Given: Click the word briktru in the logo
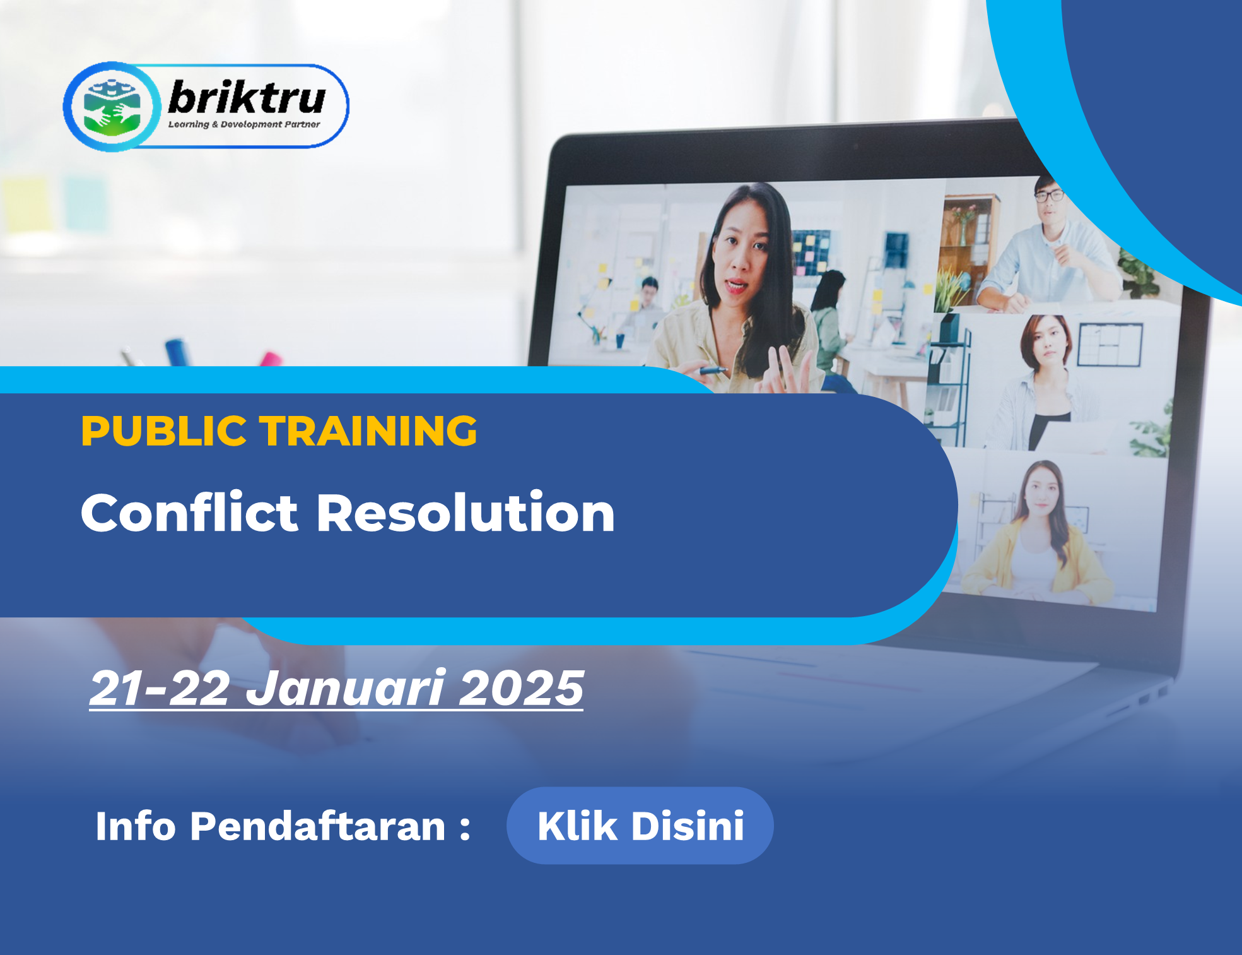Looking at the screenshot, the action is pyautogui.click(x=247, y=98).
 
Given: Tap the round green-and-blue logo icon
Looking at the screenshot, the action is pyautogui.click(x=112, y=107).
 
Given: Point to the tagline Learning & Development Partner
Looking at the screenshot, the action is pyautogui.click(x=244, y=124).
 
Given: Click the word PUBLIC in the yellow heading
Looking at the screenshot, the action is pyautogui.click(x=163, y=431).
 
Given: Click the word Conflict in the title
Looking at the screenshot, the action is pyautogui.click(x=189, y=513).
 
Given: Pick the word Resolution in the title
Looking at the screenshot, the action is pyautogui.click(x=466, y=513).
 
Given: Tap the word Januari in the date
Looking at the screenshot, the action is pyautogui.click(x=346, y=688).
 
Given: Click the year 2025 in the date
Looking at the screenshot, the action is pyautogui.click(x=521, y=688).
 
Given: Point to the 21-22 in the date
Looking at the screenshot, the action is pyautogui.click(x=160, y=688).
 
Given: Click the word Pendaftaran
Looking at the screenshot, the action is pyautogui.click(x=318, y=826).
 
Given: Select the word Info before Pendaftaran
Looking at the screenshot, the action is pyautogui.click(x=136, y=826).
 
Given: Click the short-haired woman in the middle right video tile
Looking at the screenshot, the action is pyautogui.click(x=1041, y=385).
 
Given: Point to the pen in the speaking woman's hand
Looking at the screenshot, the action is pyautogui.click(x=713, y=371).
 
